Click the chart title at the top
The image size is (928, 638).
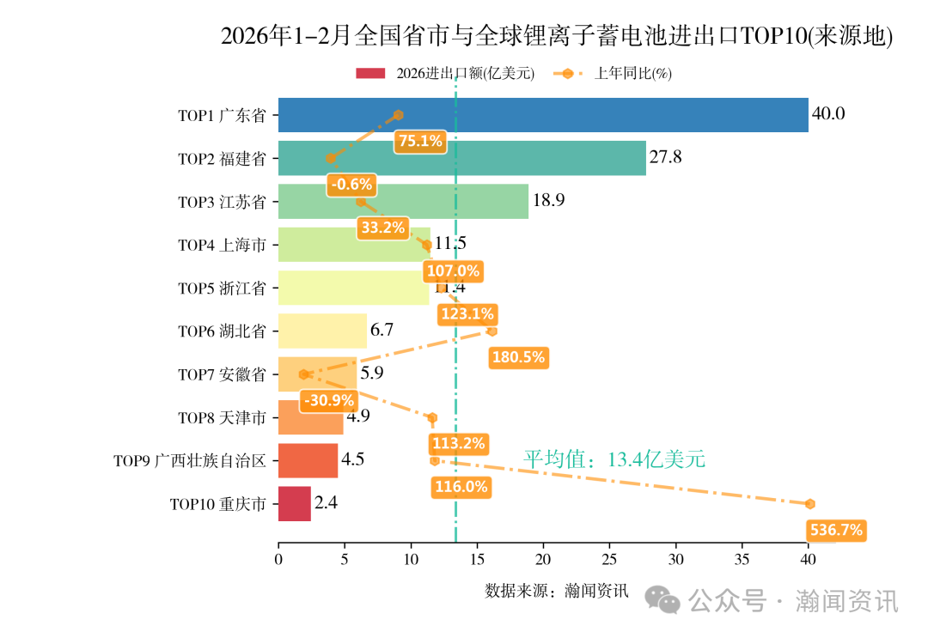point(557,36)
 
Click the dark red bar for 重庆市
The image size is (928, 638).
point(295,504)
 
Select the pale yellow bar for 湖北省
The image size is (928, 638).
point(322,331)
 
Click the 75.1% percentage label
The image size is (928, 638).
point(420,141)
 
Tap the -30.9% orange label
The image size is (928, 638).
point(328,400)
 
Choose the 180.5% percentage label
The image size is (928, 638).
point(518,357)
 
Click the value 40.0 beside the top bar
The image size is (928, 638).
point(829,114)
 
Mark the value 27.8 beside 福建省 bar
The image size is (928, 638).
point(666,158)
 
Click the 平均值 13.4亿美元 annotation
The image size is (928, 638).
point(614,460)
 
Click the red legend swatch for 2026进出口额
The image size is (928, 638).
point(371,74)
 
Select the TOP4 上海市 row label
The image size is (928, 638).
point(222,246)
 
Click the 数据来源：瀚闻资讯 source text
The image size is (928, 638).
point(557,591)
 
